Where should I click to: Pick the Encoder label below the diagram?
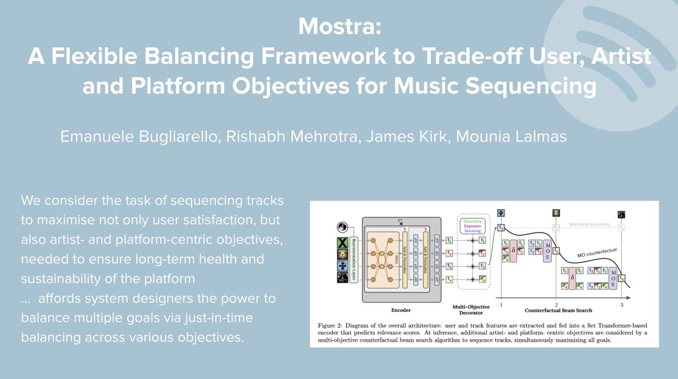pos(401,310)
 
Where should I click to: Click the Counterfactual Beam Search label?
pos(557,311)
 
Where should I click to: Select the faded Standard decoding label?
pos(590,224)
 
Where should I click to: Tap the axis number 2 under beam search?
pos(557,304)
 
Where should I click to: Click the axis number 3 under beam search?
pos(621,304)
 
